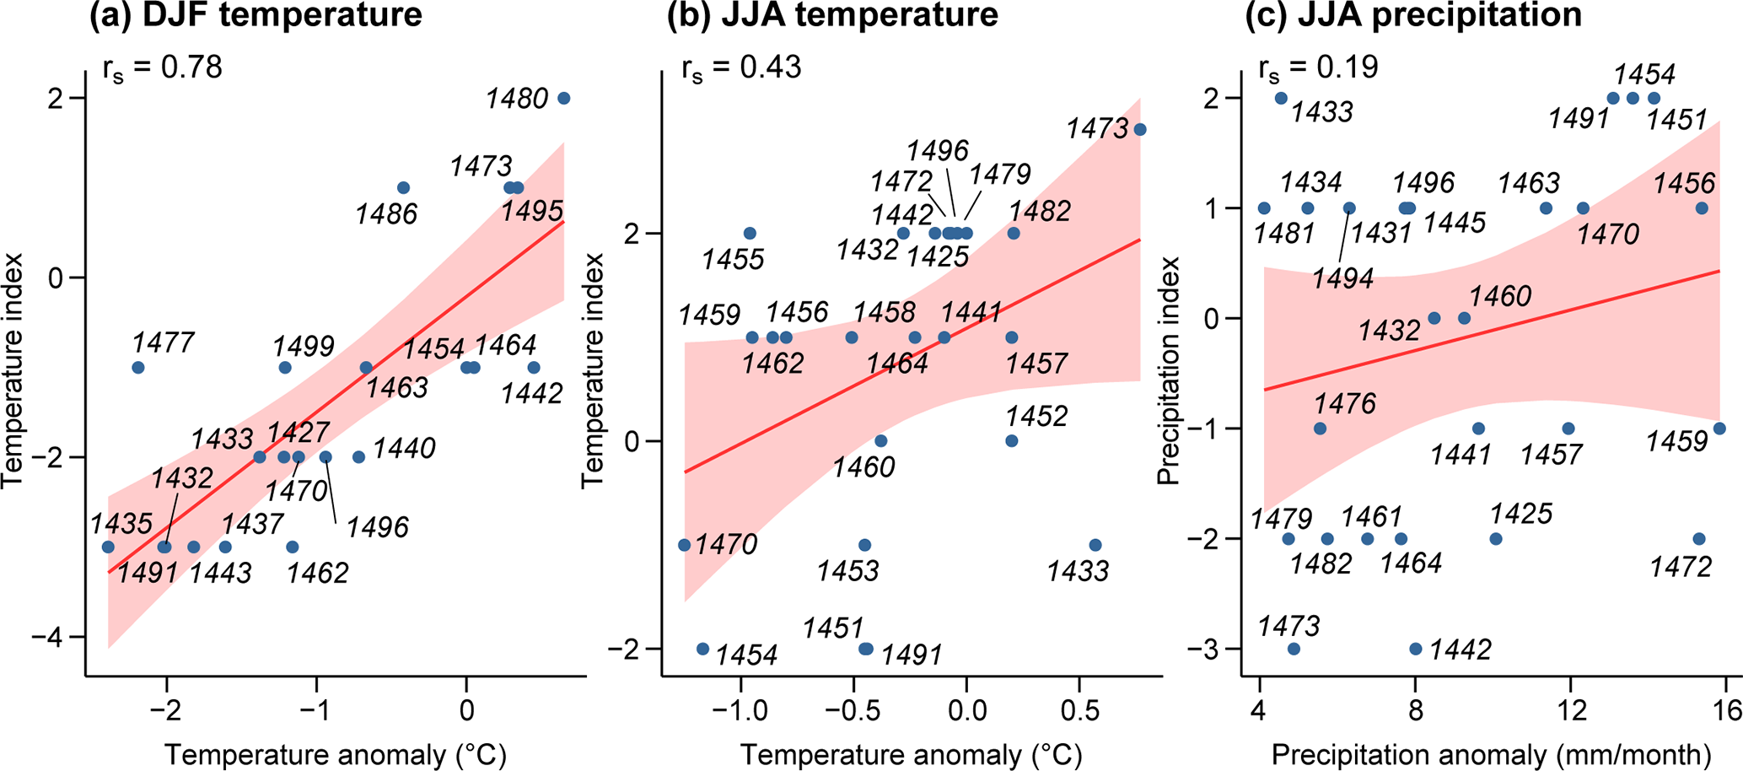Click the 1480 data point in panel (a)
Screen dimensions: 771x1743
564,99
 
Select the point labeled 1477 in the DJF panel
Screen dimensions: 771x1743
138,368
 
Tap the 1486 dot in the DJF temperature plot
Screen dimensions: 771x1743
403,188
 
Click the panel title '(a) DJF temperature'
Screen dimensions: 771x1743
256,15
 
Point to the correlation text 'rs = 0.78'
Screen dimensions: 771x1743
162,67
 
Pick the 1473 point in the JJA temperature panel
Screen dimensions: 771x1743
1140,130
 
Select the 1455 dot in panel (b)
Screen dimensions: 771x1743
750,234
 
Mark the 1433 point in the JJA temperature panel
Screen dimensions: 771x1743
1095,546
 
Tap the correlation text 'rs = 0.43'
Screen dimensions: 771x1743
741,67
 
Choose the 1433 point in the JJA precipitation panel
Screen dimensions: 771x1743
1281,99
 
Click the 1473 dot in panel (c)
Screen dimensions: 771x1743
1294,649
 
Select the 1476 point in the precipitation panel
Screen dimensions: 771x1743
1321,429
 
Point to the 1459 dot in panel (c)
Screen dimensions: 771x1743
1719,429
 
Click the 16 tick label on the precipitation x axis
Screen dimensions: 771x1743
1726,710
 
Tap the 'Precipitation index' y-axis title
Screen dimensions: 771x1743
1168,371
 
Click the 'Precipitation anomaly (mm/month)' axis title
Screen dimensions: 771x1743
1491,755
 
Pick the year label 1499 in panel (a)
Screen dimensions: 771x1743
304,347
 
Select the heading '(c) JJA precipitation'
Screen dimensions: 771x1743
1413,15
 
